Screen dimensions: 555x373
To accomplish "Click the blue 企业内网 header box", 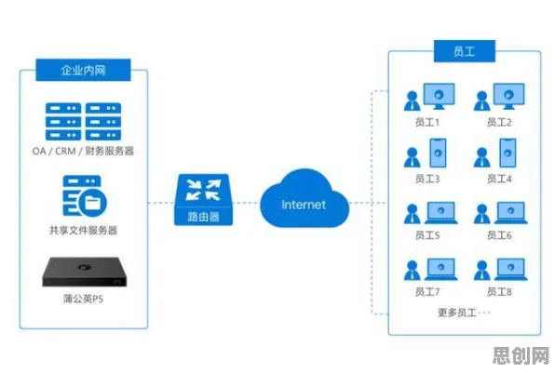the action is pyautogui.click(x=83, y=70).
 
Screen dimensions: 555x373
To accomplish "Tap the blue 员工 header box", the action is pyautogui.click(x=465, y=51).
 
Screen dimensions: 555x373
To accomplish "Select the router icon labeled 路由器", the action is pyautogui.click(x=203, y=199).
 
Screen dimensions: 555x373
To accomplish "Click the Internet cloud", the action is pyautogui.click(x=305, y=198).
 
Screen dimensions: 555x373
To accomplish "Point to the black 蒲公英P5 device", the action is pyautogui.click(x=86, y=272).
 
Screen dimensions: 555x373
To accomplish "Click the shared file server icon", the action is pyautogui.click(x=85, y=196).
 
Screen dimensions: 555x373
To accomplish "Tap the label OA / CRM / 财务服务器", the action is pyautogui.click(x=83, y=151).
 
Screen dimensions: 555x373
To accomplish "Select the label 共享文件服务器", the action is pyautogui.click(x=83, y=231).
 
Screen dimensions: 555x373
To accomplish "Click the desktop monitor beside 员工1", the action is pyautogui.click(x=439, y=96).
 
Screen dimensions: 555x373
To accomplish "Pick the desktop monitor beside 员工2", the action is pyautogui.click(x=508, y=96).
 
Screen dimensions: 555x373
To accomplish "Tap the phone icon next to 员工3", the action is pyautogui.click(x=438, y=153).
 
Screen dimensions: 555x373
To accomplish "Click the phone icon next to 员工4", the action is pyautogui.click(x=508, y=153).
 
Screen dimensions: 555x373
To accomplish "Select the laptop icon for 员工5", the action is pyautogui.click(x=441, y=213).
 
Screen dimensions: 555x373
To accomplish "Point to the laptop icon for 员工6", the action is pyautogui.click(x=510, y=213).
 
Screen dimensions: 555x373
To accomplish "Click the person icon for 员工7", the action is pyautogui.click(x=412, y=271).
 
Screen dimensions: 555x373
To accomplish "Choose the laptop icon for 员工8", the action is pyautogui.click(x=510, y=270).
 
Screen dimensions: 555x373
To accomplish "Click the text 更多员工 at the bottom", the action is pyautogui.click(x=457, y=313).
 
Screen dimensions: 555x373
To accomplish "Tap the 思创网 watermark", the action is pyautogui.click(x=521, y=355).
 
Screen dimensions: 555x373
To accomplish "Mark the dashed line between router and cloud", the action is pyautogui.click(x=247, y=203).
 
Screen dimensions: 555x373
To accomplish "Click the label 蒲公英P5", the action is pyautogui.click(x=83, y=299).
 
